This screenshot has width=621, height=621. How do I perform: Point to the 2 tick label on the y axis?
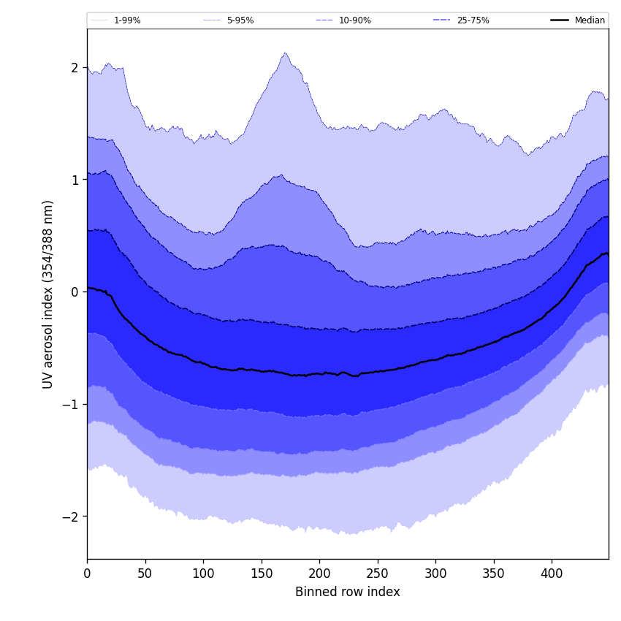click(x=74, y=68)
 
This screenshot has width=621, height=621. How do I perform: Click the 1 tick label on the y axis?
click(x=74, y=180)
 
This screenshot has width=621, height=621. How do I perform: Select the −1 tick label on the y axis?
click(x=70, y=404)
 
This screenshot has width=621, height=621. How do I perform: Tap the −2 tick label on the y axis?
click(x=70, y=517)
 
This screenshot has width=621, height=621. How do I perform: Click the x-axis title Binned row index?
click(x=348, y=592)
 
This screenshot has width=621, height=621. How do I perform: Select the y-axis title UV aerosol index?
click(x=48, y=294)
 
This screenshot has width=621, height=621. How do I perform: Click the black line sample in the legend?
click(x=560, y=20)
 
